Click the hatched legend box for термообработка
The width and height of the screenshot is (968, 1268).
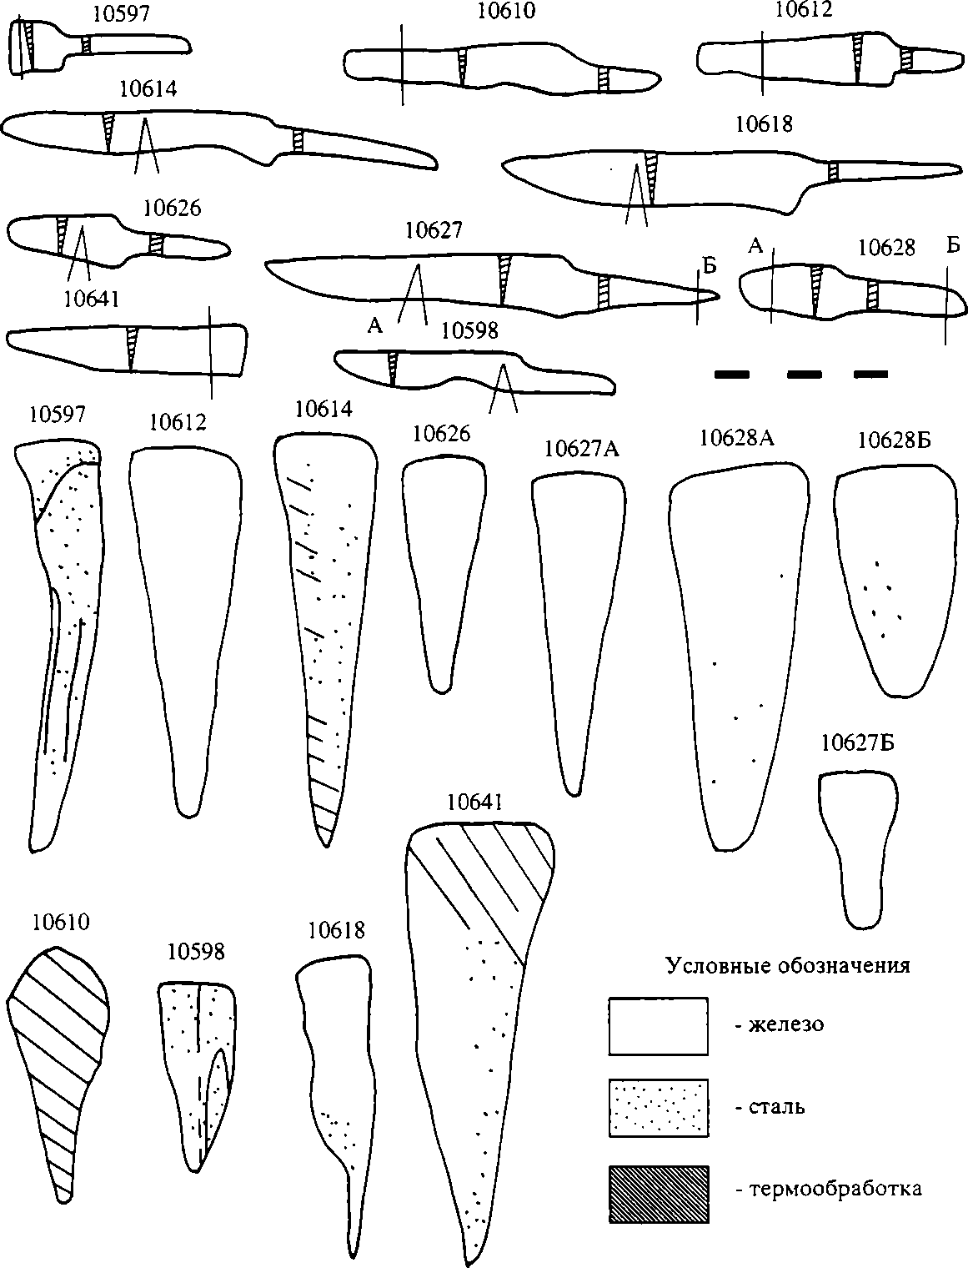coord(659,1194)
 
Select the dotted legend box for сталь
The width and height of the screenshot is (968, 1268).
coord(659,1108)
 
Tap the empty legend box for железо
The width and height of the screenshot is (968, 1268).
coord(659,1026)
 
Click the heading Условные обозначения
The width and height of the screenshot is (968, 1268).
coord(787,966)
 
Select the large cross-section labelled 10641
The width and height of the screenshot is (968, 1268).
coord(475,1001)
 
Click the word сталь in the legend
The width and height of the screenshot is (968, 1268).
coord(770,1109)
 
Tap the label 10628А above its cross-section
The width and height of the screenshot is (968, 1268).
coord(737,439)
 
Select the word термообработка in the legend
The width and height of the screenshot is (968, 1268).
coord(829,1189)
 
